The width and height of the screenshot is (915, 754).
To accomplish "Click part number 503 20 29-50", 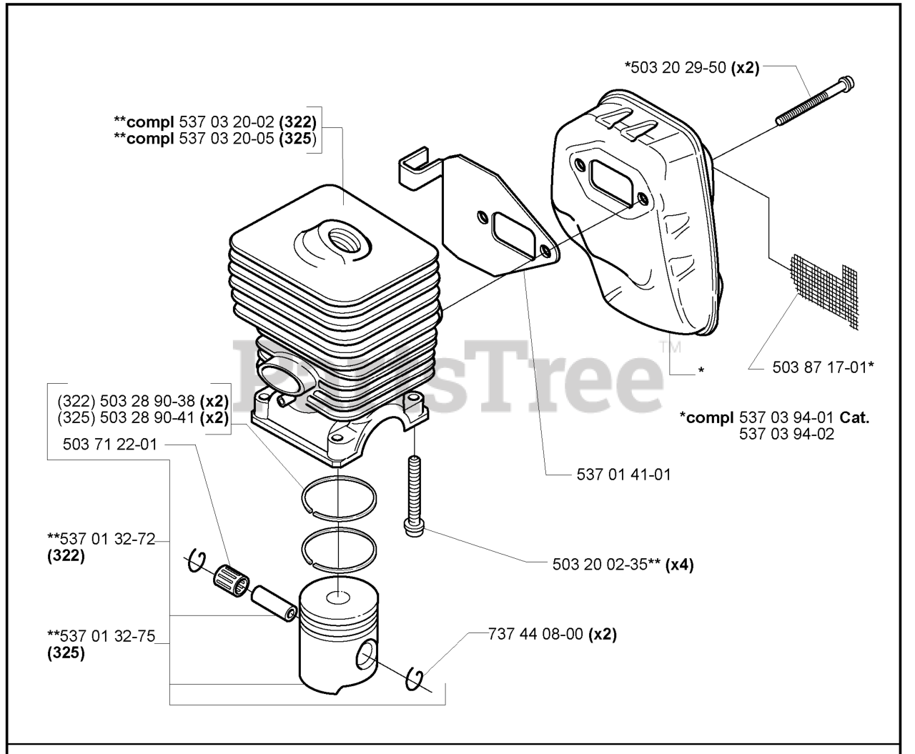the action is pyautogui.click(x=678, y=68).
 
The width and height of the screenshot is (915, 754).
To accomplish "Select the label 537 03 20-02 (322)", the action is pyautogui.click(x=247, y=121).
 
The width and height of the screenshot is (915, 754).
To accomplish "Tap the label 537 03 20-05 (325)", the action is pyautogui.click(x=247, y=138).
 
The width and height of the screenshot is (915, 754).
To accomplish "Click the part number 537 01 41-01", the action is pyautogui.click(x=623, y=475).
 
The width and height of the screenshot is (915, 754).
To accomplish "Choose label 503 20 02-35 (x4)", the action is pyautogui.click(x=623, y=565).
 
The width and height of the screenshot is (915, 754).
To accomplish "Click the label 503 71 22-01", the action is pyautogui.click(x=109, y=445).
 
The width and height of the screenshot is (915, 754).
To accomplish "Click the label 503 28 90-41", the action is pyautogui.click(x=147, y=417).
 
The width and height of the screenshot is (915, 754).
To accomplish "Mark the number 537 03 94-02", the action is pyautogui.click(x=786, y=434).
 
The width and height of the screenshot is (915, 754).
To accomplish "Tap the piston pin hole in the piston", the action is pyautogui.click(x=365, y=654).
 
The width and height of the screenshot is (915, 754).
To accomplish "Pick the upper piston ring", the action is pyautogui.click(x=339, y=499).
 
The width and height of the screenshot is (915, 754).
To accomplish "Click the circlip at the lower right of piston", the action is pyautogui.click(x=414, y=679).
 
